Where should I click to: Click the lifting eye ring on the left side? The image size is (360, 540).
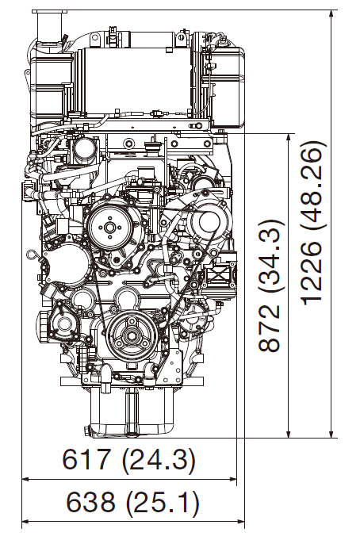(x=30, y=255)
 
